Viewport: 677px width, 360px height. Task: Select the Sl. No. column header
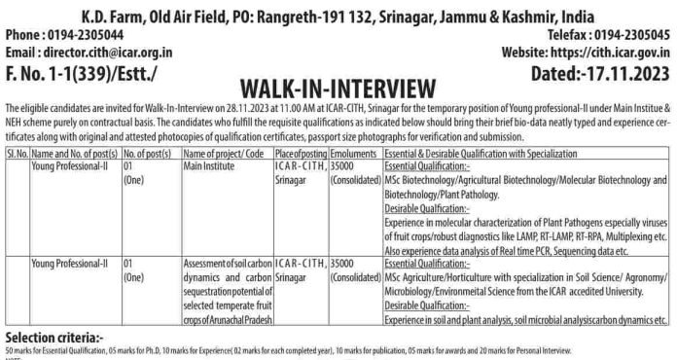click(x=17, y=154)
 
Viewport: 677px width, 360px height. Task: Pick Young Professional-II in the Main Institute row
click(x=69, y=166)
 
